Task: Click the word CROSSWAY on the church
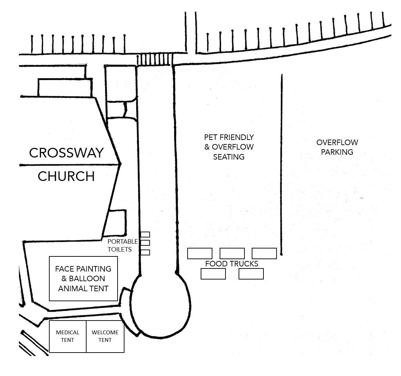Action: point(66,153)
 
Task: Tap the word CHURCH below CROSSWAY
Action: point(66,176)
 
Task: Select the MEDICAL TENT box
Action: point(68,336)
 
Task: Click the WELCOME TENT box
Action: point(105,336)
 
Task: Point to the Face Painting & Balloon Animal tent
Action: point(83,278)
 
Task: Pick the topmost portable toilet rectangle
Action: point(145,235)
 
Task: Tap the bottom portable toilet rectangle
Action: point(145,252)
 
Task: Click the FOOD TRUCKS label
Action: point(231,264)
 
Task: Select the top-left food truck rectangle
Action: point(200,253)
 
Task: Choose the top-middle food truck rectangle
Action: point(232,253)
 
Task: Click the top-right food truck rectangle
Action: point(264,253)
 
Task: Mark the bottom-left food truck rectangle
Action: point(213,274)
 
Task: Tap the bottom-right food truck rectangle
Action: point(251,274)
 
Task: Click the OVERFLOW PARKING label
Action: point(337,147)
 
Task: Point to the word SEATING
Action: point(229,157)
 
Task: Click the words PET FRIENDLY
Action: point(229,137)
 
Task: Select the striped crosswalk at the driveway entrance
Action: point(154,60)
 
